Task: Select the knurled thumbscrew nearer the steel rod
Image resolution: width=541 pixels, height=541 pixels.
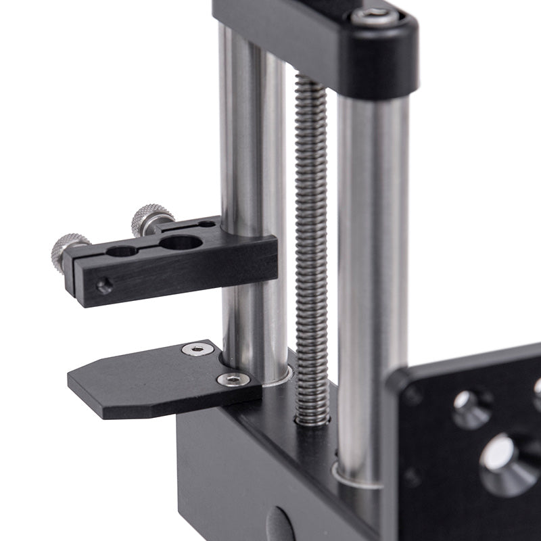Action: click(151, 218)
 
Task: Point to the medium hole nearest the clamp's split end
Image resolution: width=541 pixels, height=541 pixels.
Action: click(122, 252)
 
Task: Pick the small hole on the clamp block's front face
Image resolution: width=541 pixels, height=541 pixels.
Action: click(104, 287)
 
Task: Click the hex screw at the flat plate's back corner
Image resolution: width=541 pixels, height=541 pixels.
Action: click(197, 349)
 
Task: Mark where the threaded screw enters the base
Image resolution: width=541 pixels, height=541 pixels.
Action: click(312, 421)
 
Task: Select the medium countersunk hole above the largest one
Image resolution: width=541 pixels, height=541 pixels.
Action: click(471, 408)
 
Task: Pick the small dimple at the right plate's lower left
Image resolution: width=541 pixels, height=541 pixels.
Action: click(410, 477)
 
